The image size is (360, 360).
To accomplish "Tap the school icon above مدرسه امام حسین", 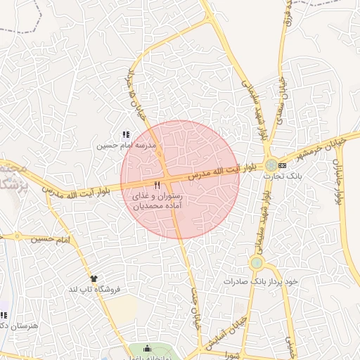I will (126, 134).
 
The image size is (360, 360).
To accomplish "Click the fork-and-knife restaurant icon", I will (148, 185).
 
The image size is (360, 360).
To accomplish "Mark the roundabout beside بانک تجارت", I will (271, 165).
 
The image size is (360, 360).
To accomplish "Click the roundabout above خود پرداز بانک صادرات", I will (256, 264).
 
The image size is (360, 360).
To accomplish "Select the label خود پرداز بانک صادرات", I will (261, 281).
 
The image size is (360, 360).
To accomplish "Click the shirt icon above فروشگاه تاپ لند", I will (91, 278).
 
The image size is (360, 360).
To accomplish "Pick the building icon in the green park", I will (146, 349).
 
